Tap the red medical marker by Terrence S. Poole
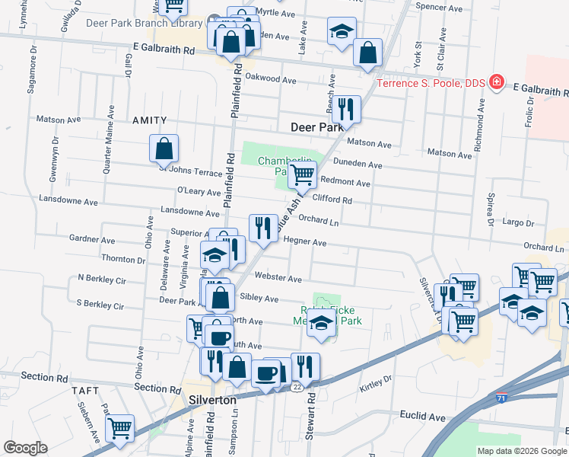point(497,81)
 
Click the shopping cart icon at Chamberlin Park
point(303,174)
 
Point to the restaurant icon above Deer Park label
point(346,109)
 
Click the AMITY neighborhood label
point(148,120)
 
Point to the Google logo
point(26,448)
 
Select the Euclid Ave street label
point(422,417)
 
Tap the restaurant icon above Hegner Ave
point(263,227)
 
